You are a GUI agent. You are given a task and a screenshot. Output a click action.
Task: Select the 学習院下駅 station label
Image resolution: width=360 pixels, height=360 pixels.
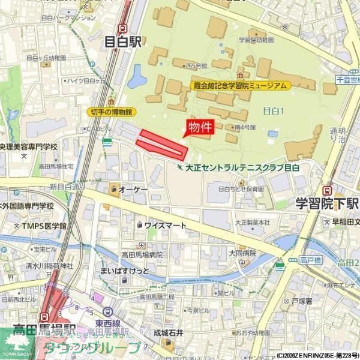point(327,203)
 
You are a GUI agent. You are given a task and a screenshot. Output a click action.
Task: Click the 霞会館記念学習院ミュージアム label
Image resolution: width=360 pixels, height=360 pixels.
point(239,86)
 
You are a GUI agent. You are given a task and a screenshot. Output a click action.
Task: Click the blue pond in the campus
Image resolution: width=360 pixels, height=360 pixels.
point(136,76)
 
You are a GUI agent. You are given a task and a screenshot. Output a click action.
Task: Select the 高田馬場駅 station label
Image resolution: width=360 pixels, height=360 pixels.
point(45,329)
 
